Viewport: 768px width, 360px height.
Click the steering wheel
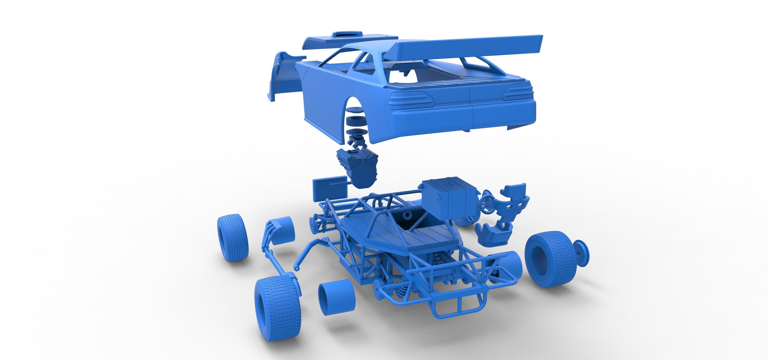coord(488,202)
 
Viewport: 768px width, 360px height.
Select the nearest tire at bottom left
coord(277,307)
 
